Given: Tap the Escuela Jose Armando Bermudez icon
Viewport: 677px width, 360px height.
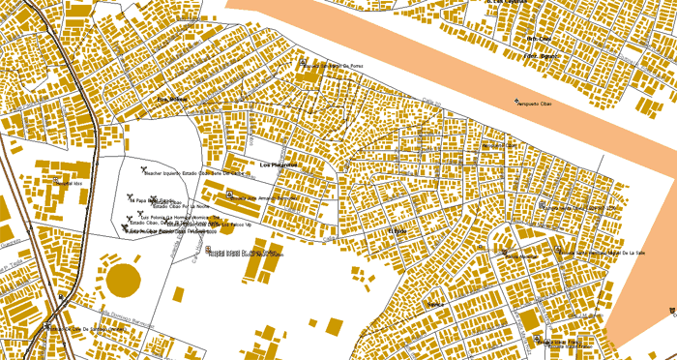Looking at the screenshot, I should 229,195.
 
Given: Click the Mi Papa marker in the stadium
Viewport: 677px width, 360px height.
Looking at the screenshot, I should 130,197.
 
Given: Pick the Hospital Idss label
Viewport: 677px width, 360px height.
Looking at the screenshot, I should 68,183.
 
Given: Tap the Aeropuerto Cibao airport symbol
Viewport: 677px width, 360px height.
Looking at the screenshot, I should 515,100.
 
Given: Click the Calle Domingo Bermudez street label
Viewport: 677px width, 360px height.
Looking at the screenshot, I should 126,312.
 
